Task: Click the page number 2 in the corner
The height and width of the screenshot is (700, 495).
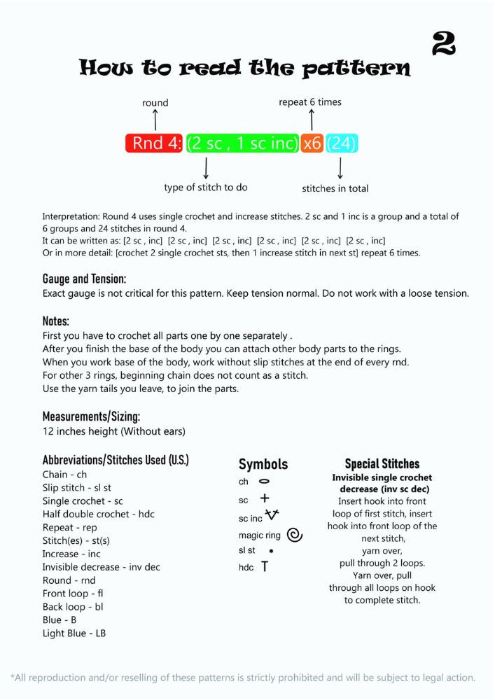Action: pyautogui.click(x=444, y=43)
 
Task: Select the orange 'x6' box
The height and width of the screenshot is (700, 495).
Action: pyautogui.click(x=312, y=143)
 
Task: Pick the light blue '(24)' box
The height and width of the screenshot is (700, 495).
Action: pyautogui.click(x=342, y=143)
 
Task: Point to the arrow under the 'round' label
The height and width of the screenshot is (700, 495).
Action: pyautogui.click(x=155, y=120)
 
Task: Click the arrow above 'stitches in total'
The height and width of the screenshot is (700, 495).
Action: pyautogui.click(x=340, y=168)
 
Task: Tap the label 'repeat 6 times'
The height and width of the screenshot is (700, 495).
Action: pyautogui.click(x=310, y=102)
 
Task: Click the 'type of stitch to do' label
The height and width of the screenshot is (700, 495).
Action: pyautogui.click(x=206, y=188)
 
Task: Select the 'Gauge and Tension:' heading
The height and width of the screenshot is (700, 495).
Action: pyautogui.click(x=84, y=279)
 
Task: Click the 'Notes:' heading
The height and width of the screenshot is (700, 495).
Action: pyautogui.click(x=56, y=321)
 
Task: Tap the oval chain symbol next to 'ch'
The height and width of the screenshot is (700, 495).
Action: pyautogui.click(x=264, y=482)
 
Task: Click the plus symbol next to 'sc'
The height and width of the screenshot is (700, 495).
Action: pyautogui.click(x=265, y=499)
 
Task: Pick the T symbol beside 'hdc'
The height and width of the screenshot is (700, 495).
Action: pyautogui.click(x=265, y=566)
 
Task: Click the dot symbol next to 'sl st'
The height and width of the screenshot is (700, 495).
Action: pyautogui.click(x=271, y=551)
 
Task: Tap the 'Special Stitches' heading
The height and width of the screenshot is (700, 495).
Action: pyautogui.click(x=382, y=463)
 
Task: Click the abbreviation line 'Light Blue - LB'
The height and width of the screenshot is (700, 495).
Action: pyautogui.click(x=74, y=633)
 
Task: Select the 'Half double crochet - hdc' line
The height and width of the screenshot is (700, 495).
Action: pyautogui.click(x=99, y=514)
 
